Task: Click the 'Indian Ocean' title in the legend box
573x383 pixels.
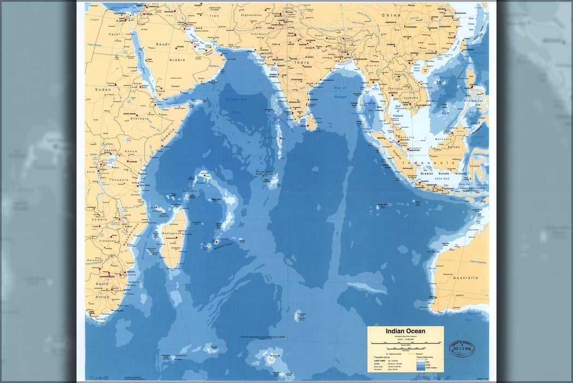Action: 405,330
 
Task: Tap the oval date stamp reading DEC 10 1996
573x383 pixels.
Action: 462,349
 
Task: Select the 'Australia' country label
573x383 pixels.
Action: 465,277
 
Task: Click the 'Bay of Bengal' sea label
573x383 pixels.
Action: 341,91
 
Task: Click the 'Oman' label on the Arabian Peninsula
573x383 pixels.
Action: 214,66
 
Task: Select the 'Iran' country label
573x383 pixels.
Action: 215,16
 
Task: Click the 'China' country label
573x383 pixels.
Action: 391,15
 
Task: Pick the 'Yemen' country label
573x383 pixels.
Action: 175,86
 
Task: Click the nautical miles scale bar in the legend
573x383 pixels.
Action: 405,346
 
